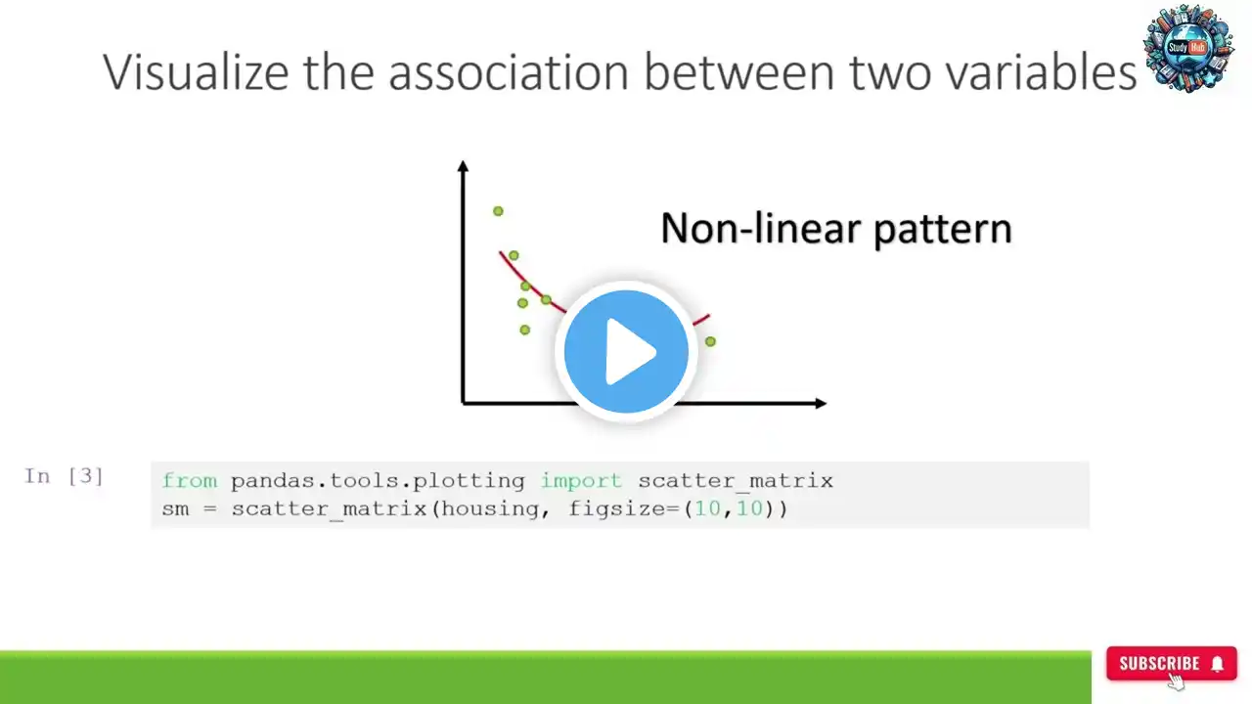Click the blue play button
(626, 351)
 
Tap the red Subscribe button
(1172, 663)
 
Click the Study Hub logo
(1188, 48)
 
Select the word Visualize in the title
(196, 71)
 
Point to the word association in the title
(509, 72)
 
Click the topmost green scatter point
(498, 211)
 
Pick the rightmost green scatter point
(710, 341)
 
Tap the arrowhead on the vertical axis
(463, 165)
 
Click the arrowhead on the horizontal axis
(821, 404)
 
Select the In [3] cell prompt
(64, 476)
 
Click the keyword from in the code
(190, 480)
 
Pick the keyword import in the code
(581, 481)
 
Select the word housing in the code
(490, 509)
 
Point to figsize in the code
(617, 509)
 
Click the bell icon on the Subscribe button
(1218, 664)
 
